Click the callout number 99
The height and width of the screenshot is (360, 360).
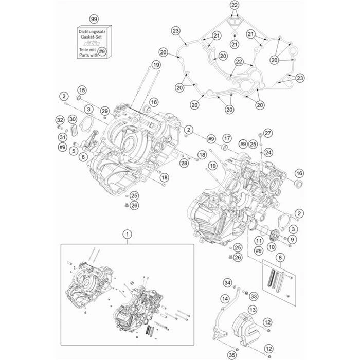[94, 19]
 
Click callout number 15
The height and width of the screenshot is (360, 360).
[81, 91]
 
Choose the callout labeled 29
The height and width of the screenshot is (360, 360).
[104, 111]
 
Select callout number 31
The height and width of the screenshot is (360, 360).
[62, 137]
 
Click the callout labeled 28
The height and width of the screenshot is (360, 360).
[184, 163]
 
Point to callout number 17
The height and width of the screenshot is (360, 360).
[226, 139]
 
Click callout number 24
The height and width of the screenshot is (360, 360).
[268, 152]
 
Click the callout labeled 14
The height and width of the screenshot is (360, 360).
[225, 299]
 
